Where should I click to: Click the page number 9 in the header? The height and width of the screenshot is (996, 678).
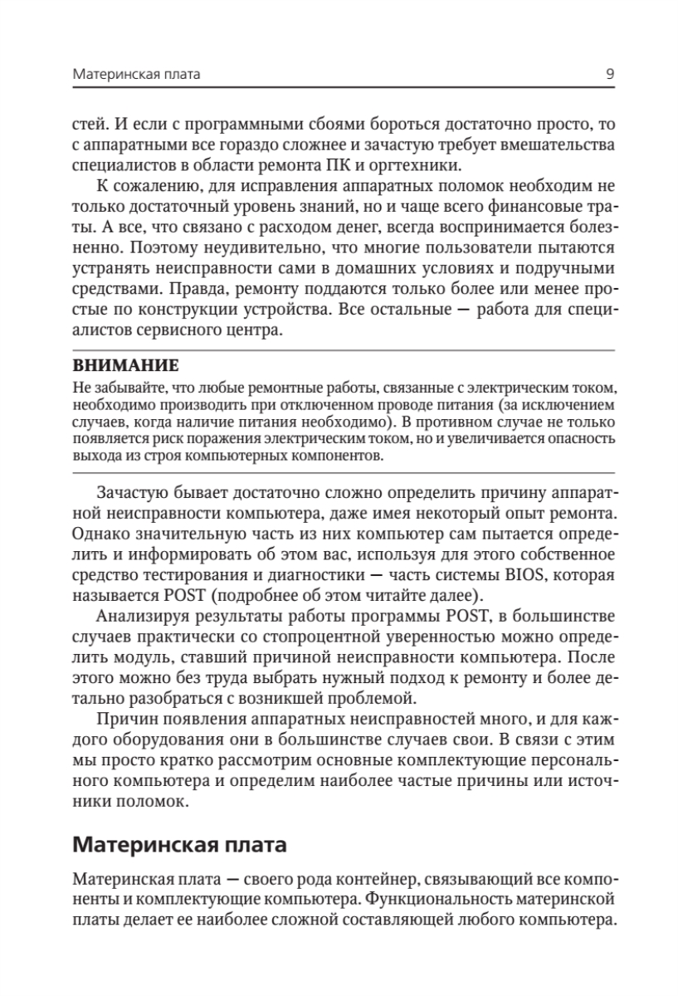pyautogui.click(x=610, y=75)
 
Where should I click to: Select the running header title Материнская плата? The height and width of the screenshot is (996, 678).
pyautogui.click(x=137, y=75)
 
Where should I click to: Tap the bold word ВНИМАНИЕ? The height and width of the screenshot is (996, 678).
pyautogui.click(x=125, y=364)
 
